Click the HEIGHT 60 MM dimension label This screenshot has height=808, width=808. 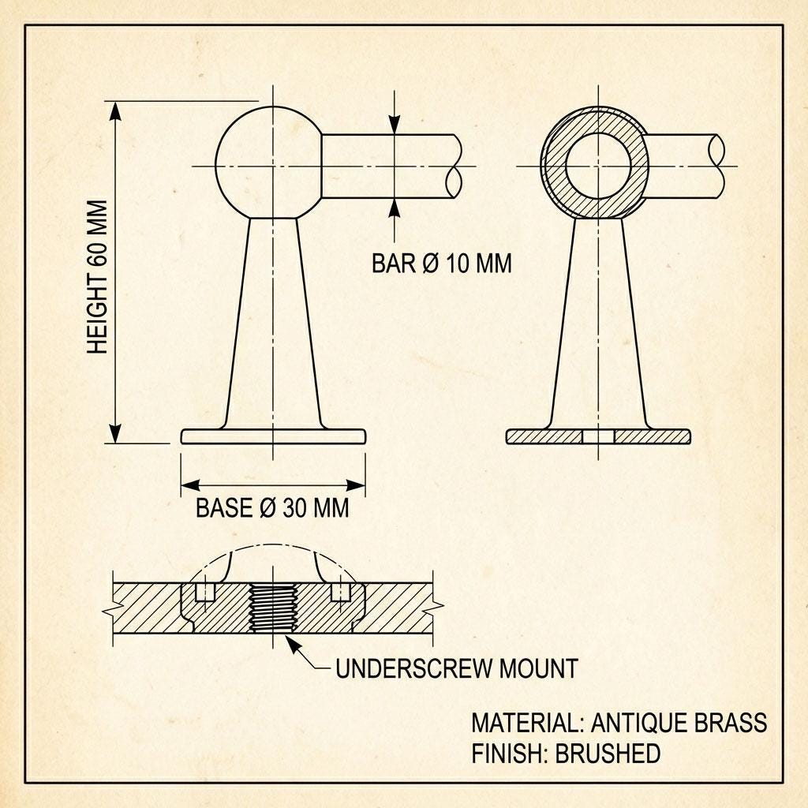(97, 277)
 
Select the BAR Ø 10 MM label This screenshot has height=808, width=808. (442, 264)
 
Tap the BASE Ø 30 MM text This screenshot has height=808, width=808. (272, 508)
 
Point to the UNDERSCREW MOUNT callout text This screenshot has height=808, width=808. (457, 668)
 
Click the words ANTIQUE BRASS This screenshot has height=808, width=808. (679, 723)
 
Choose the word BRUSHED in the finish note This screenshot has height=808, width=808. (608, 754)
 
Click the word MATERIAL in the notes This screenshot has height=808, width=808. (525, 723)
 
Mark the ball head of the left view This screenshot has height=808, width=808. (268, 163)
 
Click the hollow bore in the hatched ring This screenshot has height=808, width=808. (598, 166)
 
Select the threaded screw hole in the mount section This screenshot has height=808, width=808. (272, 608)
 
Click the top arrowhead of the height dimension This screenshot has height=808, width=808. (115, 110)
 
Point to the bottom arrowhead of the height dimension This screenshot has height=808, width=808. (115, 433)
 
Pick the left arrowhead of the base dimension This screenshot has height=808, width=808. (190, 485)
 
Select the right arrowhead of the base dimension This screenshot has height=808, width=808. (356, 485)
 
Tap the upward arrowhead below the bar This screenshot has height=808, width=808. (395, 208)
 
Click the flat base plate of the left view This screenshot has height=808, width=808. (273, 436)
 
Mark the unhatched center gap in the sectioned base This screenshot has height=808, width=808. (598, 436)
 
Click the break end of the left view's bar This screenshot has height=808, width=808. (454, 166)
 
